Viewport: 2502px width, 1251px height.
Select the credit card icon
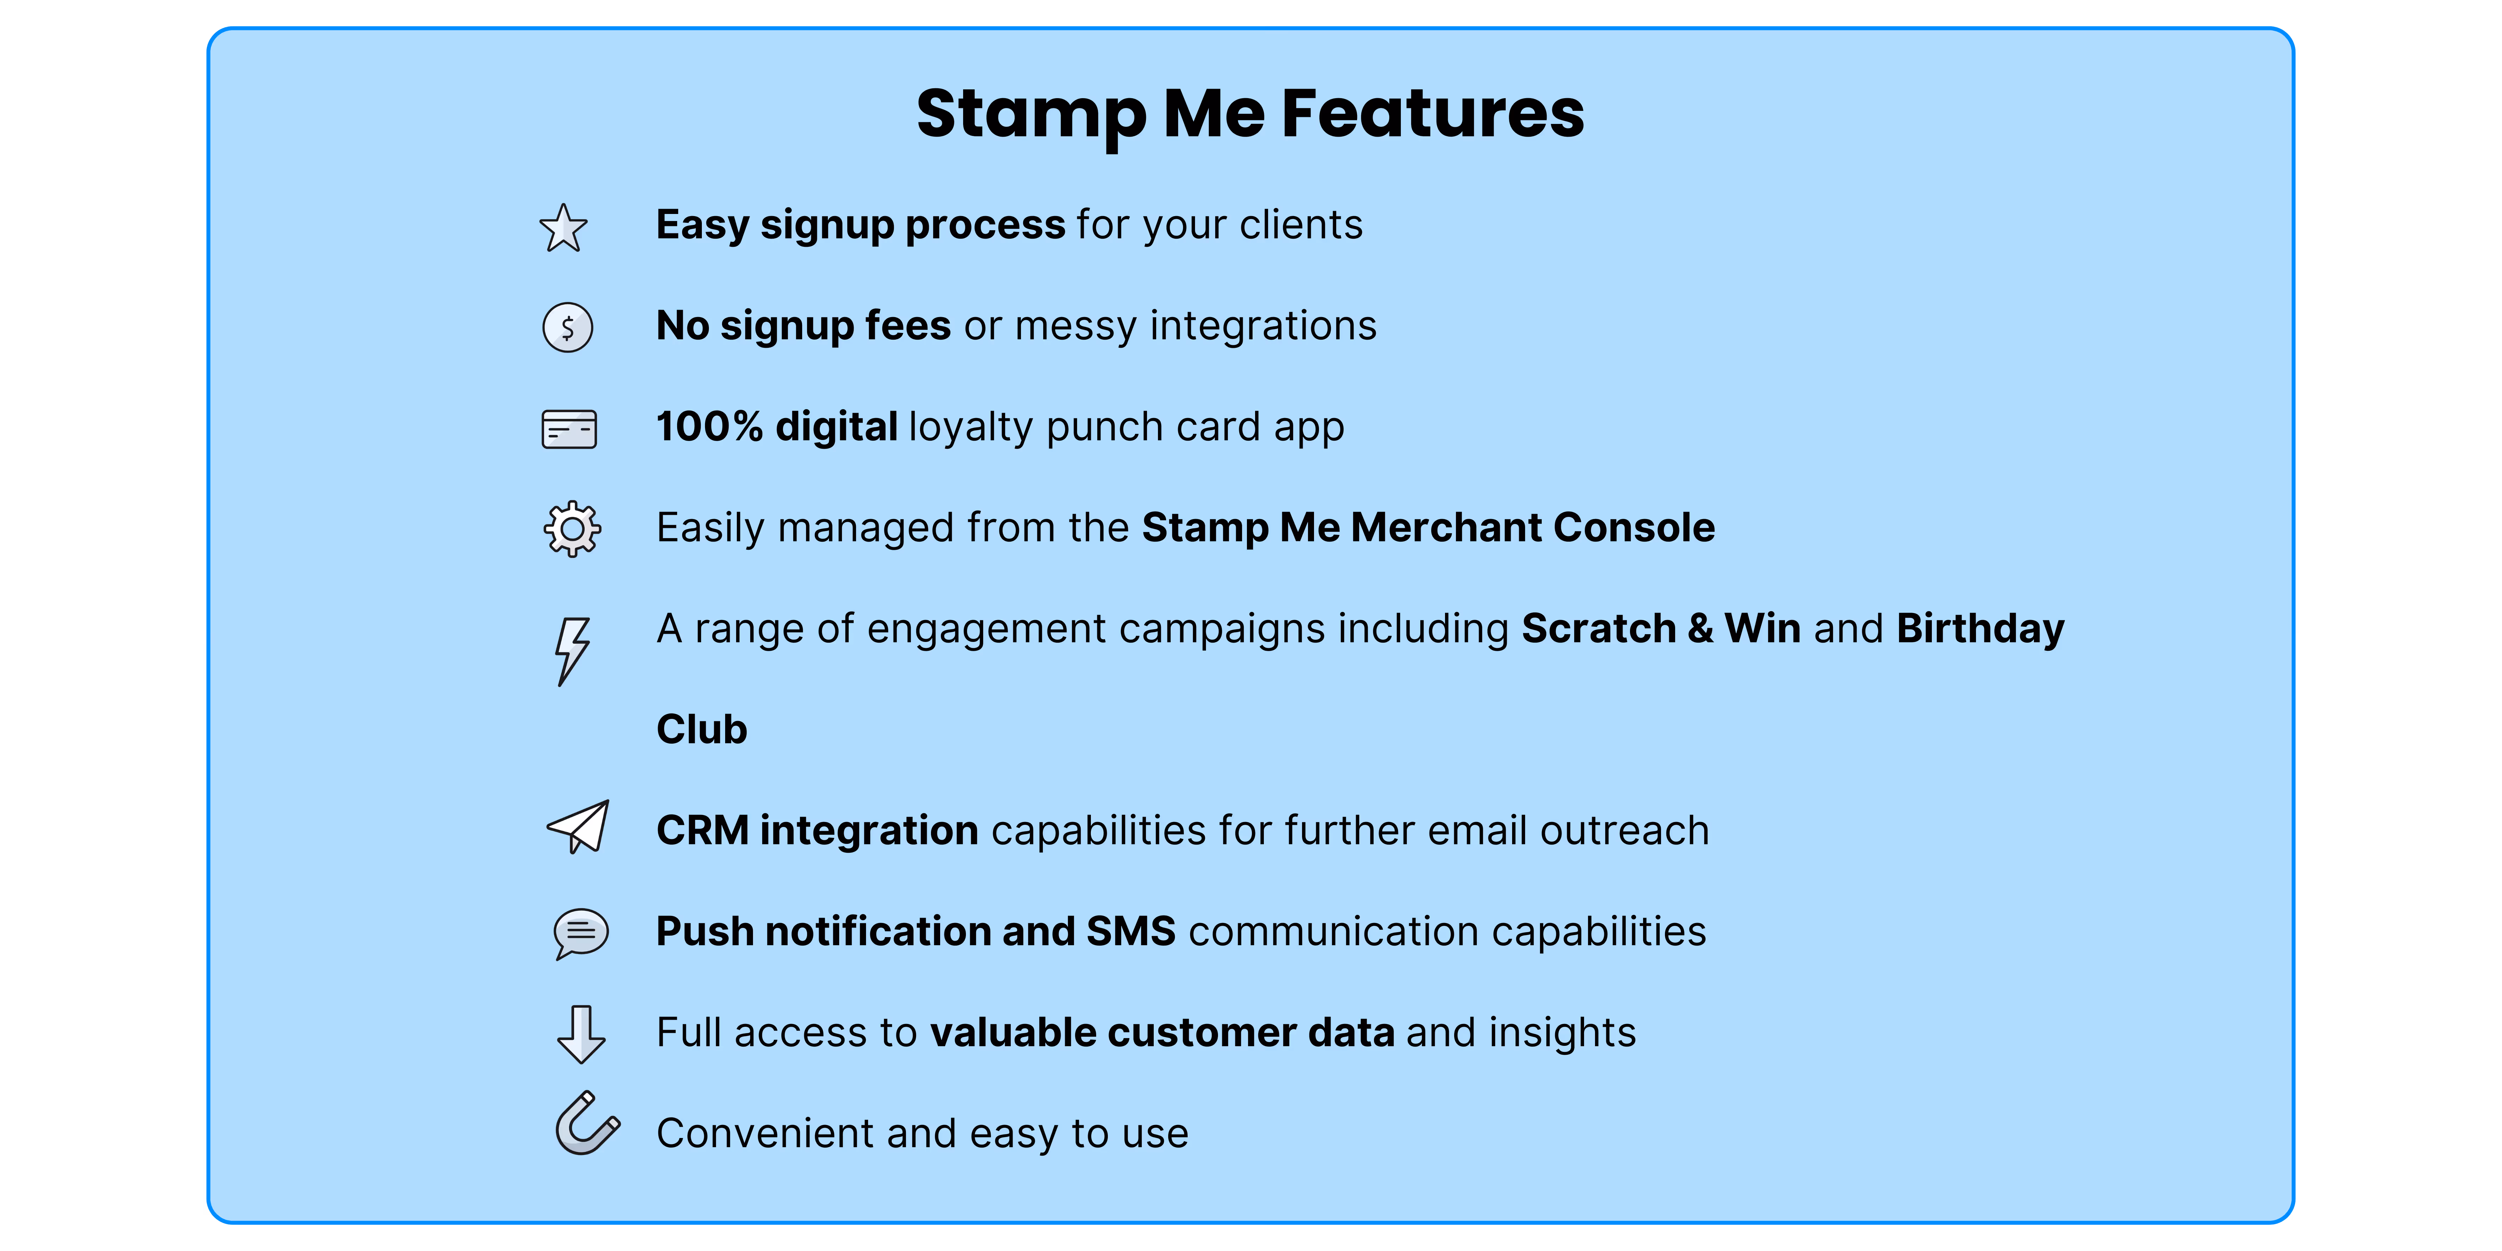[x=569, y=428]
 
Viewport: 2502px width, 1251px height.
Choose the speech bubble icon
[x=581, y=933]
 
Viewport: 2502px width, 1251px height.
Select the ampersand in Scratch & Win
[x=1700, y=629]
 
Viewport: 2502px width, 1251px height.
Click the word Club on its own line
[x=701, y=729]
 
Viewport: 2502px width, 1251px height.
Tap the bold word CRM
[x=702, y=830]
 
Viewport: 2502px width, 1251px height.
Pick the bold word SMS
[x=1130, y=931]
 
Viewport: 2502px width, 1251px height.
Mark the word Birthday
[x=1979, y=629]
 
